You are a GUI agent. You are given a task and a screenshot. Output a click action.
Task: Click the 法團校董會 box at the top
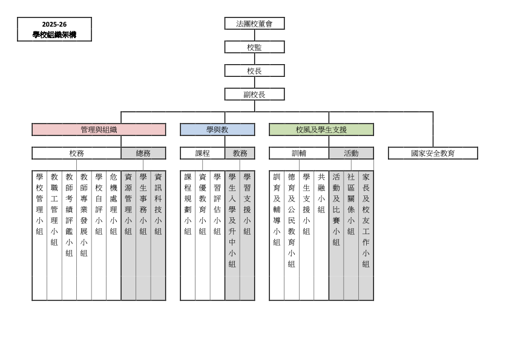254,24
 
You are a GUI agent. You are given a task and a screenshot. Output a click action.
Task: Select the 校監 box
254,47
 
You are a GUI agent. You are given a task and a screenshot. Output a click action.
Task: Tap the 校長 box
254,71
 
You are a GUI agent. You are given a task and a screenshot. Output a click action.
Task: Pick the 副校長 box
254,94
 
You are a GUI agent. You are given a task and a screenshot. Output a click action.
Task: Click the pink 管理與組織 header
99,129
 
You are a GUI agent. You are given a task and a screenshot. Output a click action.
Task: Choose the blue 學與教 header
217,129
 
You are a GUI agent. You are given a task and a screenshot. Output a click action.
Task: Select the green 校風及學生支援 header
321,129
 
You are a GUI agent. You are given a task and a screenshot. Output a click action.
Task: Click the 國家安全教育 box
433,153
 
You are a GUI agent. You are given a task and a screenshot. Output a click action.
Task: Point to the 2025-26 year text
54,24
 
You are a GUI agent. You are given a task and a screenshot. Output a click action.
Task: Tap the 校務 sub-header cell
76,153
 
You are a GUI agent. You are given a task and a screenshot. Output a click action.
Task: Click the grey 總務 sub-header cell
143,153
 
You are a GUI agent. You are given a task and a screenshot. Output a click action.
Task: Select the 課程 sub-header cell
202,153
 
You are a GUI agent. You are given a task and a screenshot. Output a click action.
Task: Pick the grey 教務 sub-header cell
240,153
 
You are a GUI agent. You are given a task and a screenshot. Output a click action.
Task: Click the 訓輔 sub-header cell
299,153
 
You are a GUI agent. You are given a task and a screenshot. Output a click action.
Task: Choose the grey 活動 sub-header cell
351,153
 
